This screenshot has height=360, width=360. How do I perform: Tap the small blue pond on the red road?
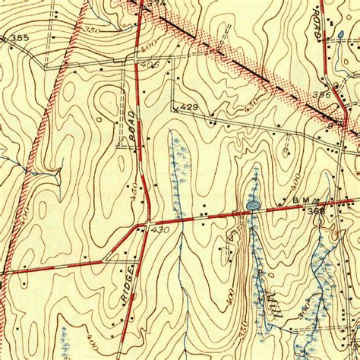click(x=252, y=205)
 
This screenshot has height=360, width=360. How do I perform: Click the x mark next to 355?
click(x=5, y=36)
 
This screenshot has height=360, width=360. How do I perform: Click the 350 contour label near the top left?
click(x=92, y=30)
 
